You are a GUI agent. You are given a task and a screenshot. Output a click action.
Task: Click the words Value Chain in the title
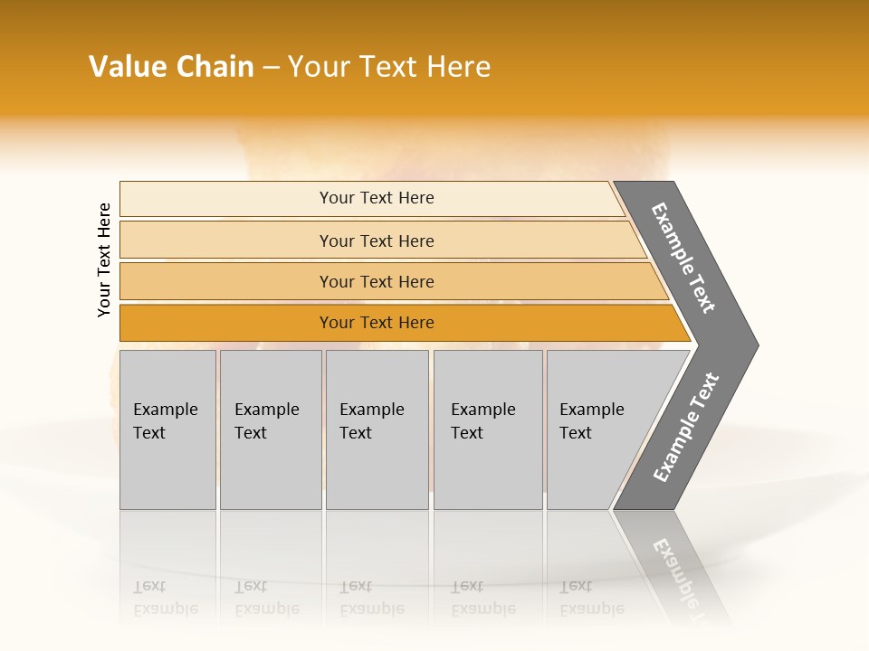[x=171, y=67]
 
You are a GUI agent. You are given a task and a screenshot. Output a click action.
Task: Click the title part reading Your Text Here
[x=389, y=67]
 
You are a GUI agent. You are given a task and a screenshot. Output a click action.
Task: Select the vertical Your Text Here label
[x=104, y=259]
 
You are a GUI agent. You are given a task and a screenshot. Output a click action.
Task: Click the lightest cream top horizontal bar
[x=226, y=199]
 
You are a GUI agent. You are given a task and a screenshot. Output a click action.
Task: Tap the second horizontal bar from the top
[x=226, y=241]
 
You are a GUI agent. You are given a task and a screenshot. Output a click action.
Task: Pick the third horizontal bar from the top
[x=226, y=281]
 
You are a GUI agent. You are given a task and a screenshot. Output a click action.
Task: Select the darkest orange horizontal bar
[x=226, y=323]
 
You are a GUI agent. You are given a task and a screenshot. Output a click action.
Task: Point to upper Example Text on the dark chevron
[x=683, y=258]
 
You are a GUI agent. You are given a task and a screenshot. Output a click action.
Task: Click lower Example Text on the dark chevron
[x=685, y=428]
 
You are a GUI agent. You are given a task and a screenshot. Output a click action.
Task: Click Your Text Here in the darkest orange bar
[x=377, y=323]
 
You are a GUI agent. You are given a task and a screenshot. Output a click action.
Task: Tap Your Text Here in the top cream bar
[x=377, y=198]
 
